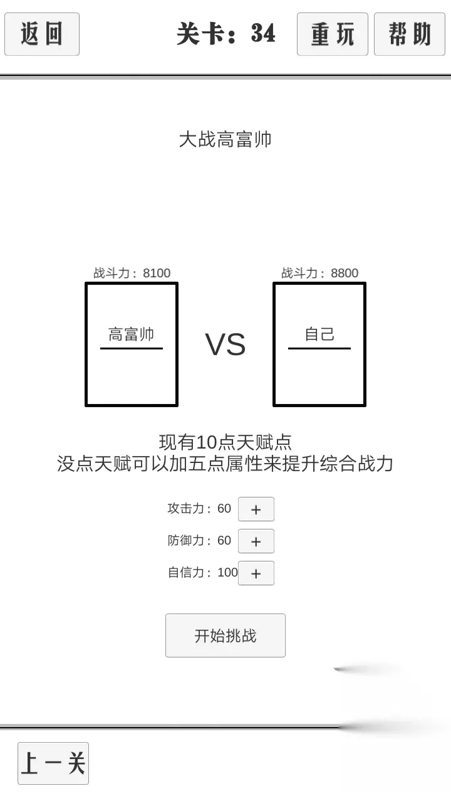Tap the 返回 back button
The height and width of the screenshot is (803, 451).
coord(42,34)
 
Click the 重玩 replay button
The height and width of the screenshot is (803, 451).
coord(333,34)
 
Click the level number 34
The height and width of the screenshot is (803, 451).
coord(263,33)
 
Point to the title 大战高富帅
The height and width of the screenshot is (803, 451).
coord(225,139)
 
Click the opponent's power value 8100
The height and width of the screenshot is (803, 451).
coord(157,273)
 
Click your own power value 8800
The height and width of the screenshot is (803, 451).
coord(345,273)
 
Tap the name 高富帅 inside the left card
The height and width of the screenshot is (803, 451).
coord(132,334)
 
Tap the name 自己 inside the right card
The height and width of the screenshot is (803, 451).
coord(319,334)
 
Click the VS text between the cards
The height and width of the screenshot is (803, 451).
coord(225,344)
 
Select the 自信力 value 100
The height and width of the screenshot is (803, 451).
coord(227,573)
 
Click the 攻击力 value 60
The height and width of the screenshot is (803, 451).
coord(224,509)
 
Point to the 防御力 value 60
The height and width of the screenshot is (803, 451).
coord(224,541)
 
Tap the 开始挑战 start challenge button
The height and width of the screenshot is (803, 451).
coord(225,635)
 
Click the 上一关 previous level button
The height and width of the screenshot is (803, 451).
coord(53,763)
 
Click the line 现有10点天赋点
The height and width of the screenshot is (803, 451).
coord(225,442)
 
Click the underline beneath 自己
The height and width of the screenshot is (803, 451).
coord(319,348)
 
